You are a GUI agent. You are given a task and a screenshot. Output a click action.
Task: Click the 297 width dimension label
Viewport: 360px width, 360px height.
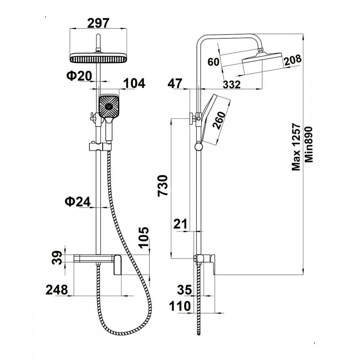98,23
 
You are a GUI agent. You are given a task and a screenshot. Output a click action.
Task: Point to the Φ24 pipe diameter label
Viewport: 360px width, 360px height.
78,202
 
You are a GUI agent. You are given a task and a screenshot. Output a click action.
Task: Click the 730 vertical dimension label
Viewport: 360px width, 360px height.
163,185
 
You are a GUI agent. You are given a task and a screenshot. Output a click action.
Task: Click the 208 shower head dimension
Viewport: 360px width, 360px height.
292,60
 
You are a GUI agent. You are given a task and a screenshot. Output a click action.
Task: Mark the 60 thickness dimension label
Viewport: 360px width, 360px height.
213,62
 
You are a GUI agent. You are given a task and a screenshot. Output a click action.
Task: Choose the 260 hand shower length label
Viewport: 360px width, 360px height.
219,120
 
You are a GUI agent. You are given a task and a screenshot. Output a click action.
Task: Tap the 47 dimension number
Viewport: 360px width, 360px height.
176,84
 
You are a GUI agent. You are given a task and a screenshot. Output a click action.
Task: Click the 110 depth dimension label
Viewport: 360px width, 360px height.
180,307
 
